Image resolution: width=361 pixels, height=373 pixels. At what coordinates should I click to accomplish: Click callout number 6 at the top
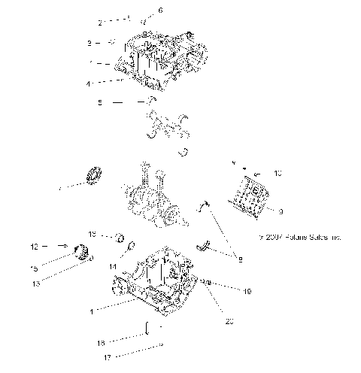159,11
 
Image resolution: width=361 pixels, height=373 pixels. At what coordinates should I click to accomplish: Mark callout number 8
239,259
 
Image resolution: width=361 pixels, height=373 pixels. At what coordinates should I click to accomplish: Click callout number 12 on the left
33,246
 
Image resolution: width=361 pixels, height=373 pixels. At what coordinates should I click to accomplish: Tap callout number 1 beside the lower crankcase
92,311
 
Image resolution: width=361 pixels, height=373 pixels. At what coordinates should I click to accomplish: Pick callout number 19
226,290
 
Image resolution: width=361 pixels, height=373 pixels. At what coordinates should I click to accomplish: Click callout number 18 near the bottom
100,343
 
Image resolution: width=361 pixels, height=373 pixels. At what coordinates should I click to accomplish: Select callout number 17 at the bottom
108,357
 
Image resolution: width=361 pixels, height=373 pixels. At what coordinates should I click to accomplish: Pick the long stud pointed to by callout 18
147,330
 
